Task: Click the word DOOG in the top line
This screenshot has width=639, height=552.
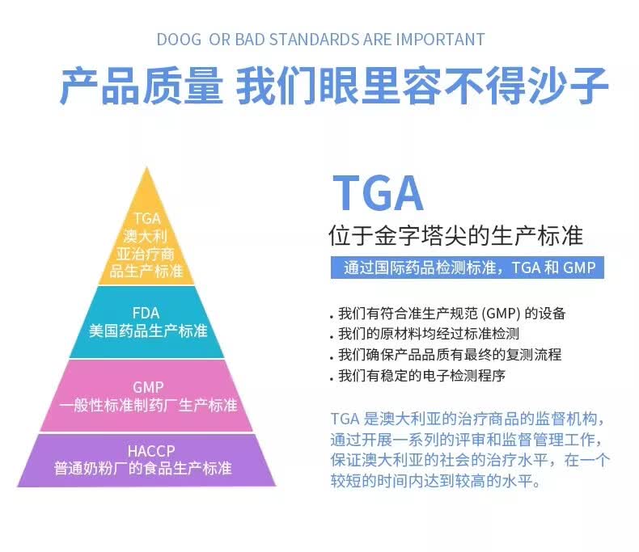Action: [179, 40]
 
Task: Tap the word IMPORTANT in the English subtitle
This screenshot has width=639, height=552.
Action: [440, 40]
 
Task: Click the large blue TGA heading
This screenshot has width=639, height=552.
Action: [378, 192]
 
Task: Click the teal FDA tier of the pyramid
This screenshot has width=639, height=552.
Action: [146, 322]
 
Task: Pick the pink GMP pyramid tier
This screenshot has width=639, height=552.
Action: [146, 396]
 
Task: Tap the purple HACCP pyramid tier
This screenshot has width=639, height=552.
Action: [146, 460]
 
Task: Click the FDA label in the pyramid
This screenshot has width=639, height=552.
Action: [146, 313]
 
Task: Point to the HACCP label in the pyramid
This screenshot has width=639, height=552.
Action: [151, 451]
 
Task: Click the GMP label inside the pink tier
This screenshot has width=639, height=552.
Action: [148, 387]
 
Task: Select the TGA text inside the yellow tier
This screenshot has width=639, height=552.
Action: [147, 218]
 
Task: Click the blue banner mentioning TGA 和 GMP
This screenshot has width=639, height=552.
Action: [467, 268]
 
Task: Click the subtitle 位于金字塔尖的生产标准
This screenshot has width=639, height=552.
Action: [455, 235]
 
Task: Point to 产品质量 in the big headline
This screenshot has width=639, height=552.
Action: [142, 86]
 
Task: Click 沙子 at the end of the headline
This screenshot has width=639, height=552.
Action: [567, 86]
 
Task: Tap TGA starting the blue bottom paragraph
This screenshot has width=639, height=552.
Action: [345, 419]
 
